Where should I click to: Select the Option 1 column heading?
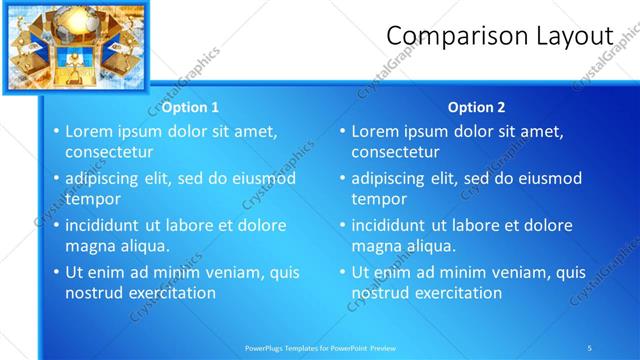pos(190,107)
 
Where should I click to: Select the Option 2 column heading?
pos(476,107)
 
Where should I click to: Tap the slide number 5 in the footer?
pos(590,347)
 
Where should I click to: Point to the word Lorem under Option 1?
pos(89,131)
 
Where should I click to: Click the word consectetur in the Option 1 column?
pos(109,152)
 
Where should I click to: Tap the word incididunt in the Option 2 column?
pos(390,225)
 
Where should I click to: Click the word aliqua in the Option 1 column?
pos(144,246)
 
